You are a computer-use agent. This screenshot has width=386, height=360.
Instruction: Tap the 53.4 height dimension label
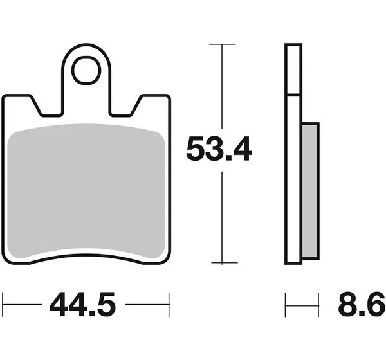coord(219,149)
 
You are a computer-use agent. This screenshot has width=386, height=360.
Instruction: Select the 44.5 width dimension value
coord(82,304)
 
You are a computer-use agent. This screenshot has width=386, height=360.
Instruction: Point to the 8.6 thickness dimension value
coord(362,304)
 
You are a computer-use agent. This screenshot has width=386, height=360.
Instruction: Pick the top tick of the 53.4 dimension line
coord(223,44)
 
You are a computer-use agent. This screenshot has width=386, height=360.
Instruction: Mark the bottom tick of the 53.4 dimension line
coord(225,263)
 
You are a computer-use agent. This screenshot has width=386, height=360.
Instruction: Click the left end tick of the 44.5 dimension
coord(3,305)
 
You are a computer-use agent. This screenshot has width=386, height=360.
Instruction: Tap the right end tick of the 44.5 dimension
coord(169,305)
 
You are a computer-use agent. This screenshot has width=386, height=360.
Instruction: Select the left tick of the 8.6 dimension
coord(285,305)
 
